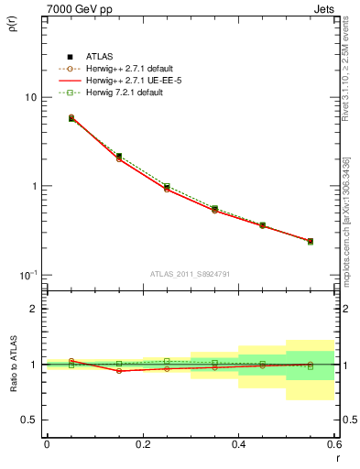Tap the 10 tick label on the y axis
pyautogui.click(x=30, y=97)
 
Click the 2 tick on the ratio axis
pyautogui.click(x=34, y=310)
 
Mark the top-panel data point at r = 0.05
pyautogui.click(x=71, y=118)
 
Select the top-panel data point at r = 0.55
pyautogui.click(x=311, y=242)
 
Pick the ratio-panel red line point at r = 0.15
pyautogui.click(x=119, y=371)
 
